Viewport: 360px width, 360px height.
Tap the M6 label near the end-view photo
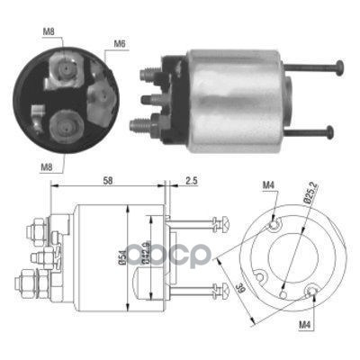118,43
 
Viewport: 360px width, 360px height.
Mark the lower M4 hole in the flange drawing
312,291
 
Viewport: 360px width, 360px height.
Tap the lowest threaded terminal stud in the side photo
145,125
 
